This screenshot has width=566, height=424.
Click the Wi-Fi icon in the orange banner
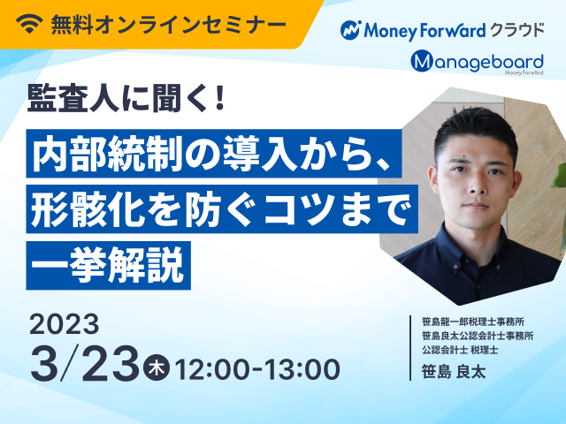point(29,24)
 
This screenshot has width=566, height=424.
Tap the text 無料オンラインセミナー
point(169,25)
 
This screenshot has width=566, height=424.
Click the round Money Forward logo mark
point(350,30)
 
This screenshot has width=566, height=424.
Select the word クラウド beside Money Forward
point(516,30)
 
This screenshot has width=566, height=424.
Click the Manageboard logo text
point(477,62)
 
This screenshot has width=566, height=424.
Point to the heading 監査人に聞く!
point(126,98)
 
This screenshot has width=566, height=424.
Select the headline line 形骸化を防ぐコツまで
point(222,209)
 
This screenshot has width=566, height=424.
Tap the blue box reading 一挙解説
point(108,265)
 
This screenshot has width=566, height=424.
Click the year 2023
point(65,324)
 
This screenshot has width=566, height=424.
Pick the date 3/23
point(85,363)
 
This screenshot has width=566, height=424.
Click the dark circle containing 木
point(156,367)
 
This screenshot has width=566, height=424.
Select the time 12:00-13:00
point(257,369)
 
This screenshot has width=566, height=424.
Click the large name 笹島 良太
point(454,371)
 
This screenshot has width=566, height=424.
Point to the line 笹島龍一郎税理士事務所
point(473,322)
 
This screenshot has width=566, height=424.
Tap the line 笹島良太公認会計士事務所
point(478,336)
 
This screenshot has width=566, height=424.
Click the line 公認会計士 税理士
point(460,350)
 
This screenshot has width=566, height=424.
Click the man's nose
point(475,186)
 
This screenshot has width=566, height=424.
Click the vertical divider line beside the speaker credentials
point(410,348)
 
